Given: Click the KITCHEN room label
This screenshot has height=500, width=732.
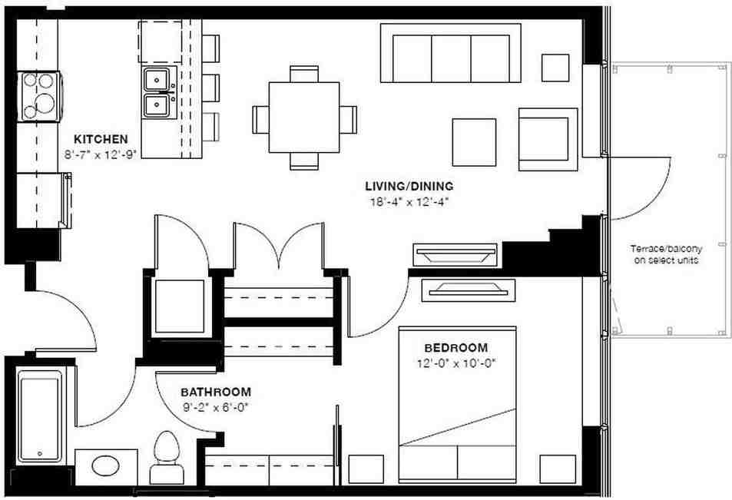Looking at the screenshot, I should (x=100, y=139).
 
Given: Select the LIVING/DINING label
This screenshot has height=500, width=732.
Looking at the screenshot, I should (x=409, y=186).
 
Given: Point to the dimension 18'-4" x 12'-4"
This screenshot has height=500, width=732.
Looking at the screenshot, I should (x=408, y=202).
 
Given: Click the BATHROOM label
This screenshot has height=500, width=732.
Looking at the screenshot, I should (x=216, y=390).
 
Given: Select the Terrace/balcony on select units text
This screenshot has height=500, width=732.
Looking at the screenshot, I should (x=666, y=254).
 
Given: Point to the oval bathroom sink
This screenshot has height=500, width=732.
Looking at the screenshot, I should (x=106, y=466).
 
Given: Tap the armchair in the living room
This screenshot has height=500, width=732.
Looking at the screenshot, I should (x=547, y=139).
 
